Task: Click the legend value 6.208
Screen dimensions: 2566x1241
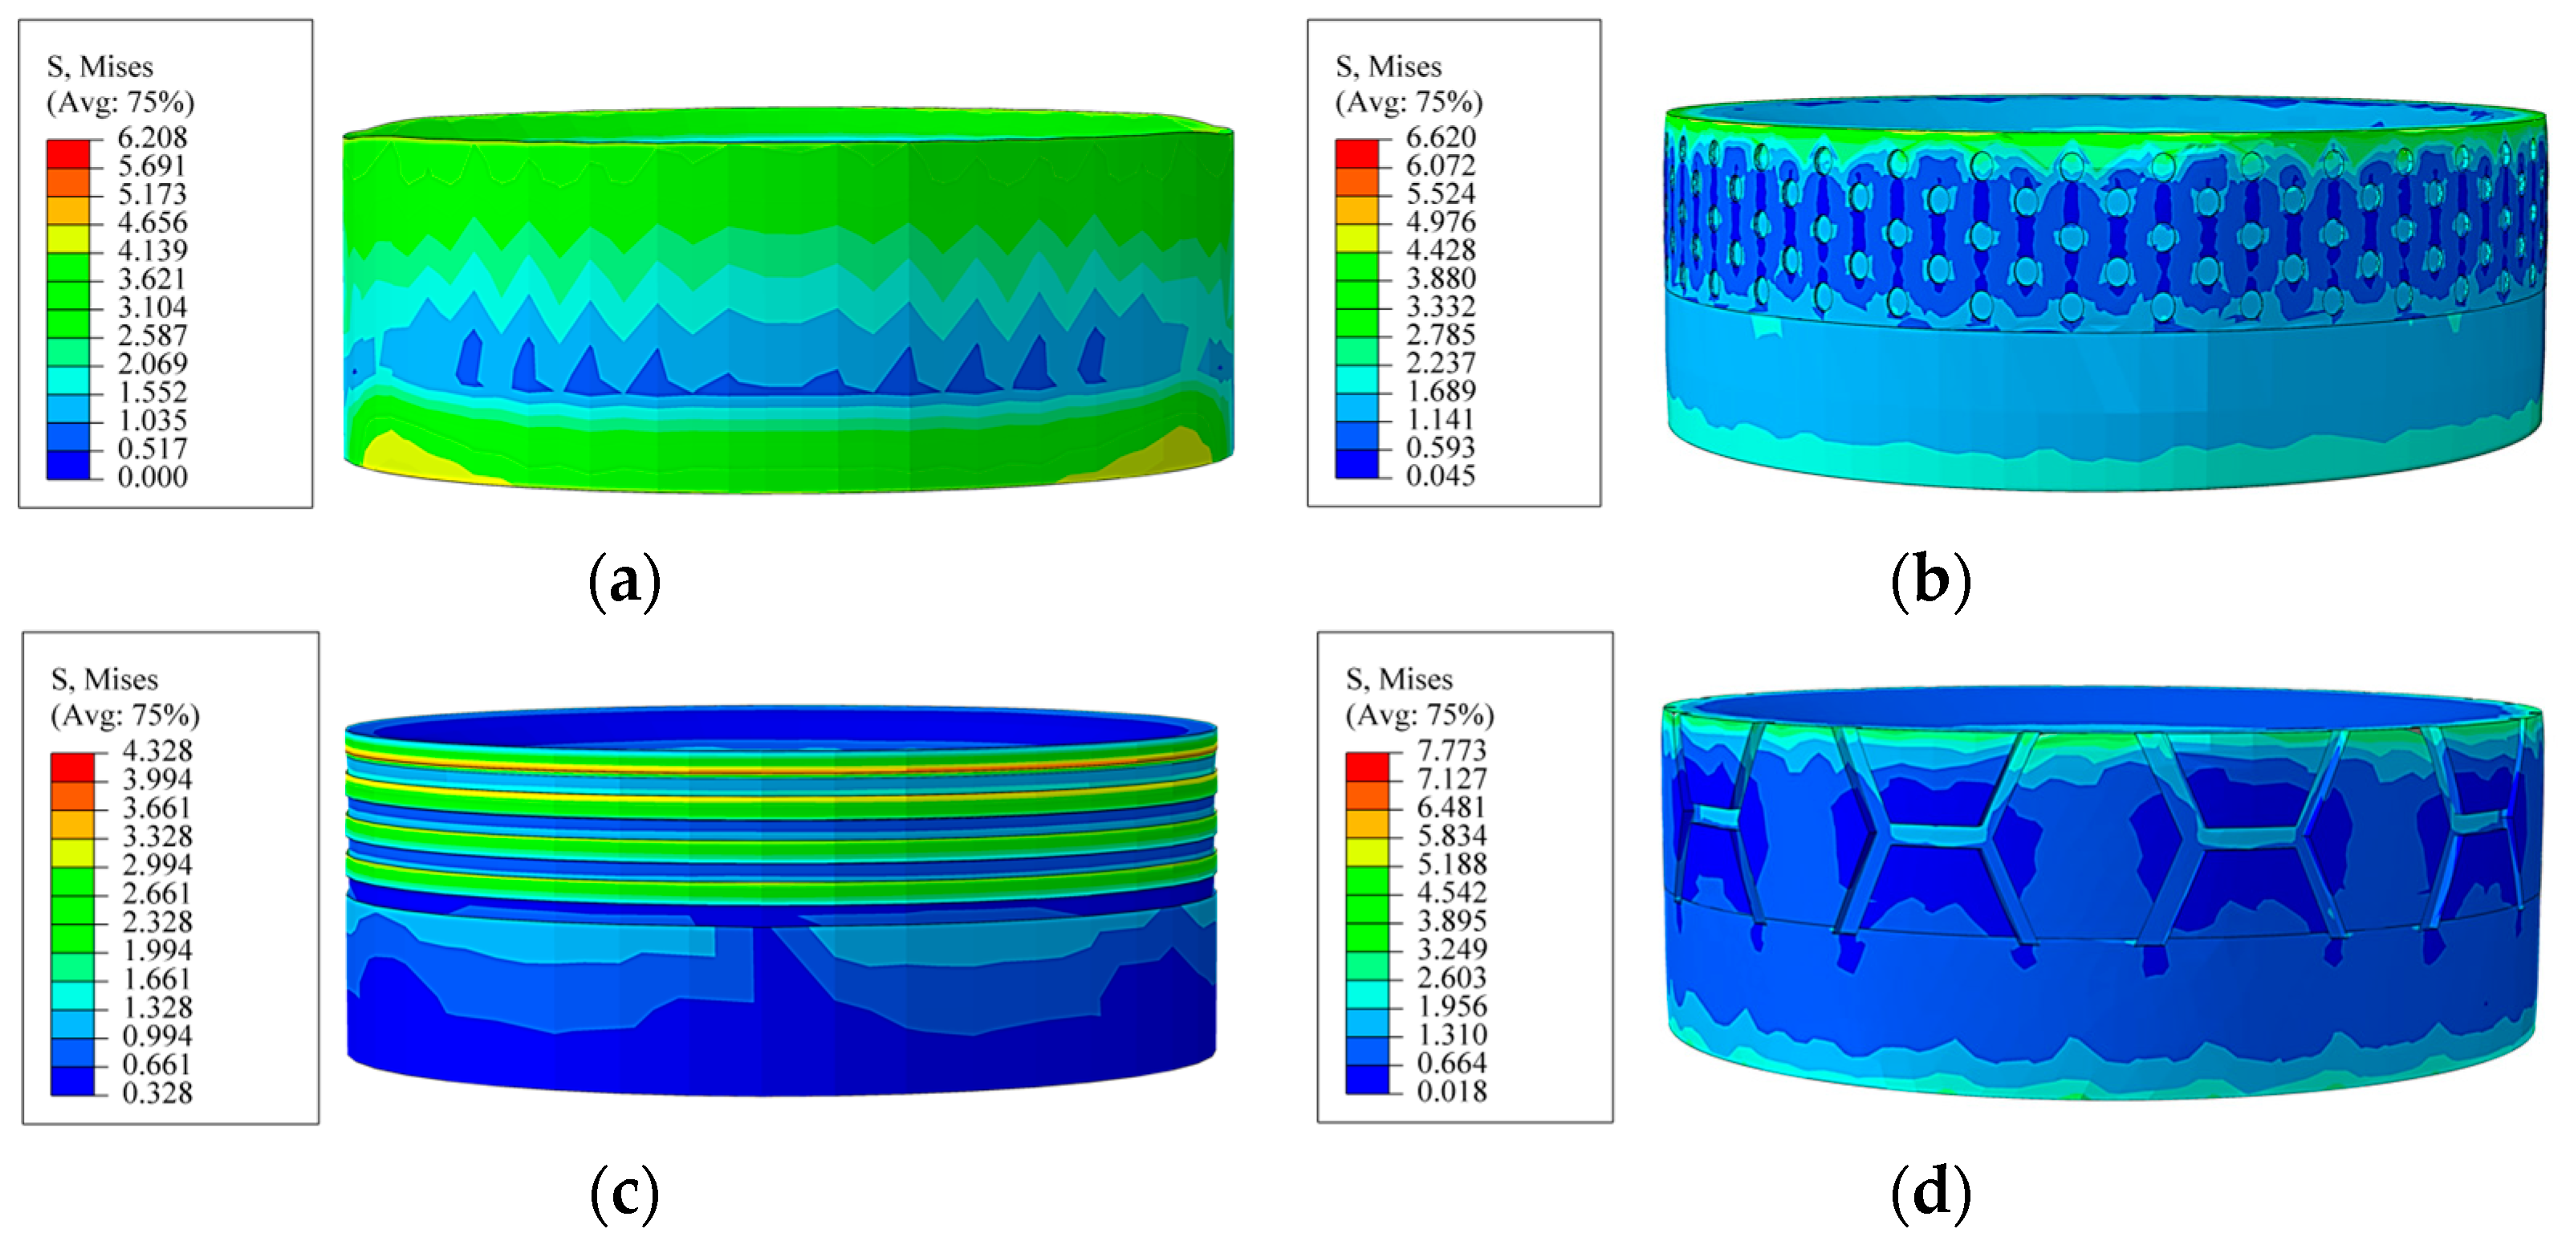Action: click(152, 136)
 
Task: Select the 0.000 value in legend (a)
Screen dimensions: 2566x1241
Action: click(152, 476)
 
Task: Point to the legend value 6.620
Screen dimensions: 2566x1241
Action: click(1441, 136)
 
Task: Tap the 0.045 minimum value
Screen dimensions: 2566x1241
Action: click(1441, 475)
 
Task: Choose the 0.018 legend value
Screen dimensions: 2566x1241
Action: click(1451, 1091)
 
